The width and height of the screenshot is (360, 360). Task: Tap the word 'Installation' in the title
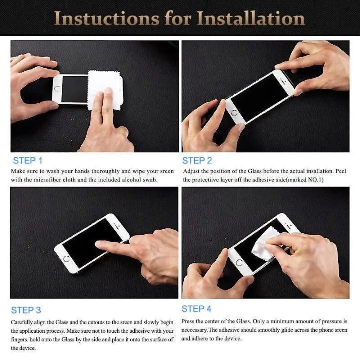(x=251, y=18)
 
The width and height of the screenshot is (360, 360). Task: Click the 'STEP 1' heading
(x=28, y=160)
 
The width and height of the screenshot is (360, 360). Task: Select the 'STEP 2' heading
(x=197, y=160)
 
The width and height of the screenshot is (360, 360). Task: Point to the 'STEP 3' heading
(x=26, y=310)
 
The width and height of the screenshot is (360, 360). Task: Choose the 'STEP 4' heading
(x=197, y=309)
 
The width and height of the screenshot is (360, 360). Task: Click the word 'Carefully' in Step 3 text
(x=23, y=322)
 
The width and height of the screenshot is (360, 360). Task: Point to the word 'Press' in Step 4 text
(x=188, y=321)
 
